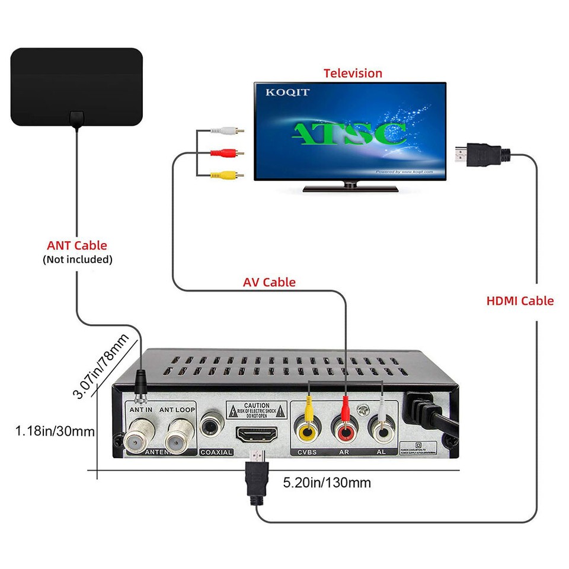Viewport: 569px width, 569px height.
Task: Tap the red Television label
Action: (x=353, y=73)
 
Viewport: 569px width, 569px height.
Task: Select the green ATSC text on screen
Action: (x=350, y=133)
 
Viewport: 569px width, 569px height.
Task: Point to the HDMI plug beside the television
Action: (x=480, y=156)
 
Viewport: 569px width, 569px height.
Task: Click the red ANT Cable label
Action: (x=77, y=245)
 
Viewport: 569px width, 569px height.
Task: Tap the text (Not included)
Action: (x=77, y=260)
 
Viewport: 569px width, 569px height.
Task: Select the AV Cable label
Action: (x=269, y=282)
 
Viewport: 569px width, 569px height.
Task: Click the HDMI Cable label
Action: (x=520, y=301)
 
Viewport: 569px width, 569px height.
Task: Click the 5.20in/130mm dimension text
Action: (x=327, y=482)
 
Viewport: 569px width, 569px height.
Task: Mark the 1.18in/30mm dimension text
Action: (x=55, y=430)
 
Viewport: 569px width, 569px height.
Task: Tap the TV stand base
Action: (x=350, y=188)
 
